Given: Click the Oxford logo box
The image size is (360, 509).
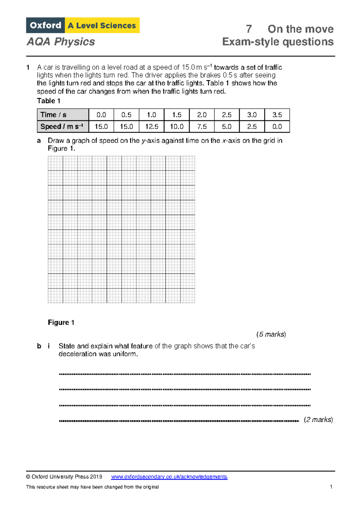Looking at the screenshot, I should pyautogui.click(x=45, y=26).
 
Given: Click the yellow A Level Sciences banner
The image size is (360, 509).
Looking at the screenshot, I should pyautogui.click(x=102, y=26).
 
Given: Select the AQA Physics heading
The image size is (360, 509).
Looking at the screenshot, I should pyautogui.click(x=61, y=42).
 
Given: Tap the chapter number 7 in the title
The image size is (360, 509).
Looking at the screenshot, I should pyautogui.click(x=249, y=29).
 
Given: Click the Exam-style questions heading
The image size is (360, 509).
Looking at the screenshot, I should pyautogui.click(x=278, y=42).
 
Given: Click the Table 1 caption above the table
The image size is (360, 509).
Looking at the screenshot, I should pyautogui.click(x=49, y=101).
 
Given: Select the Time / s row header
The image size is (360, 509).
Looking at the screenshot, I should pyautogui.click(x=63, y=115).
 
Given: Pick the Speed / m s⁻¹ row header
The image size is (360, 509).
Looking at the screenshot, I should pyautogui.click(x=63, y=127).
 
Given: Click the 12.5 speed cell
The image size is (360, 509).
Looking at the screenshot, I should pyautogui.click(x=151, y=127).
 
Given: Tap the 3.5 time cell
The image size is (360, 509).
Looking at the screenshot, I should pyautogui.click(x=277, y=115).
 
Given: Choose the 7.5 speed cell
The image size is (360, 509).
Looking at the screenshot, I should pyautogui.click(x=202, y=127).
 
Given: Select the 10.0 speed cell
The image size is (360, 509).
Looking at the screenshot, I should pyautogui.click(x=177, y=127).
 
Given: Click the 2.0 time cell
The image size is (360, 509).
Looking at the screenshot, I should pyautogui.click(x=202, y=115).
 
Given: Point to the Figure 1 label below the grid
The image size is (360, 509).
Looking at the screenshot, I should pyautogui.click(x=61, y=323).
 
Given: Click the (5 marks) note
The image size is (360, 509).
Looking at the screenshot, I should pyautogui.click(x=271, y=334).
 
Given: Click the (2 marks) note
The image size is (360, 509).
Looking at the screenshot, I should pyautogui.click(x=318, y=420).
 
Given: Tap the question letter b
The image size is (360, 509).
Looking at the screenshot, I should pyautogui.click(x=39, y=346).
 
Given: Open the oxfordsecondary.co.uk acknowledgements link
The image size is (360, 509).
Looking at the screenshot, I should pyautogui.click(x=169, y=477).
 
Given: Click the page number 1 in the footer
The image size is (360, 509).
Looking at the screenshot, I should pyautogui.click(x=331, y=487).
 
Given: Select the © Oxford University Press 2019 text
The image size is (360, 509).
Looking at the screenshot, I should pyautogui.click(x=64, y=477).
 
